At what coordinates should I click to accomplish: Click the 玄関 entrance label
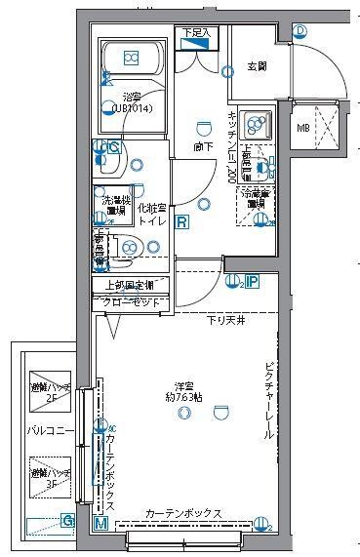258,66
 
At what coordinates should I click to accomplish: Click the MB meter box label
304,127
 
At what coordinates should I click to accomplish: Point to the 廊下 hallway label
203,148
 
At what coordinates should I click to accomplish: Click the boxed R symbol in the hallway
182,221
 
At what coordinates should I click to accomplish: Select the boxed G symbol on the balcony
67,521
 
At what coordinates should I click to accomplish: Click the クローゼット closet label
132,302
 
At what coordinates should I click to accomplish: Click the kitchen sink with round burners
256,124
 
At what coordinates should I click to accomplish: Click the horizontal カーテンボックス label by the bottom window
185,513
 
